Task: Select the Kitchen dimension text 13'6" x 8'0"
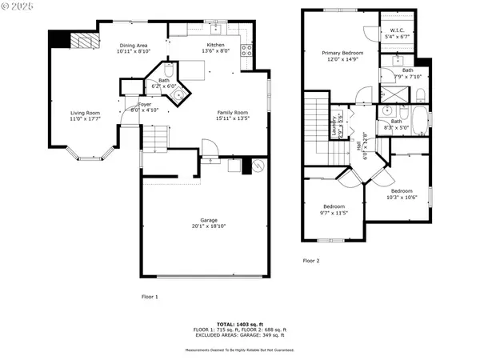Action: point(216,51)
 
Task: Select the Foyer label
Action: point(144,104)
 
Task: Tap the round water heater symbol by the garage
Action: point(258,167)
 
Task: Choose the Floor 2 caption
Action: point(310,261)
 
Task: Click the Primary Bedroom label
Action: point(342,53)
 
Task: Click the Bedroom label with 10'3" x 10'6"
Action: point(401,191)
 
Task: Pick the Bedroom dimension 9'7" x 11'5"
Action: point(335,212)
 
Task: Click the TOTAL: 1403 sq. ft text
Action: point(240,324)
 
